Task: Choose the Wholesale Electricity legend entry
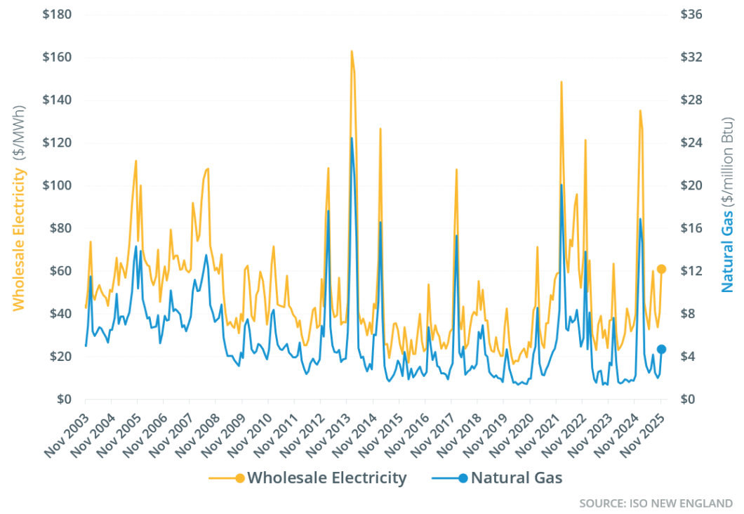tap(309, 478)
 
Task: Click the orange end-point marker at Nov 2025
tap(661, 269)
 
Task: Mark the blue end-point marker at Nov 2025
tap(661, 349)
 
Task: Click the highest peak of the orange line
tap(351, 51)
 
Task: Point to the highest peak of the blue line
tap(351, 138)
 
